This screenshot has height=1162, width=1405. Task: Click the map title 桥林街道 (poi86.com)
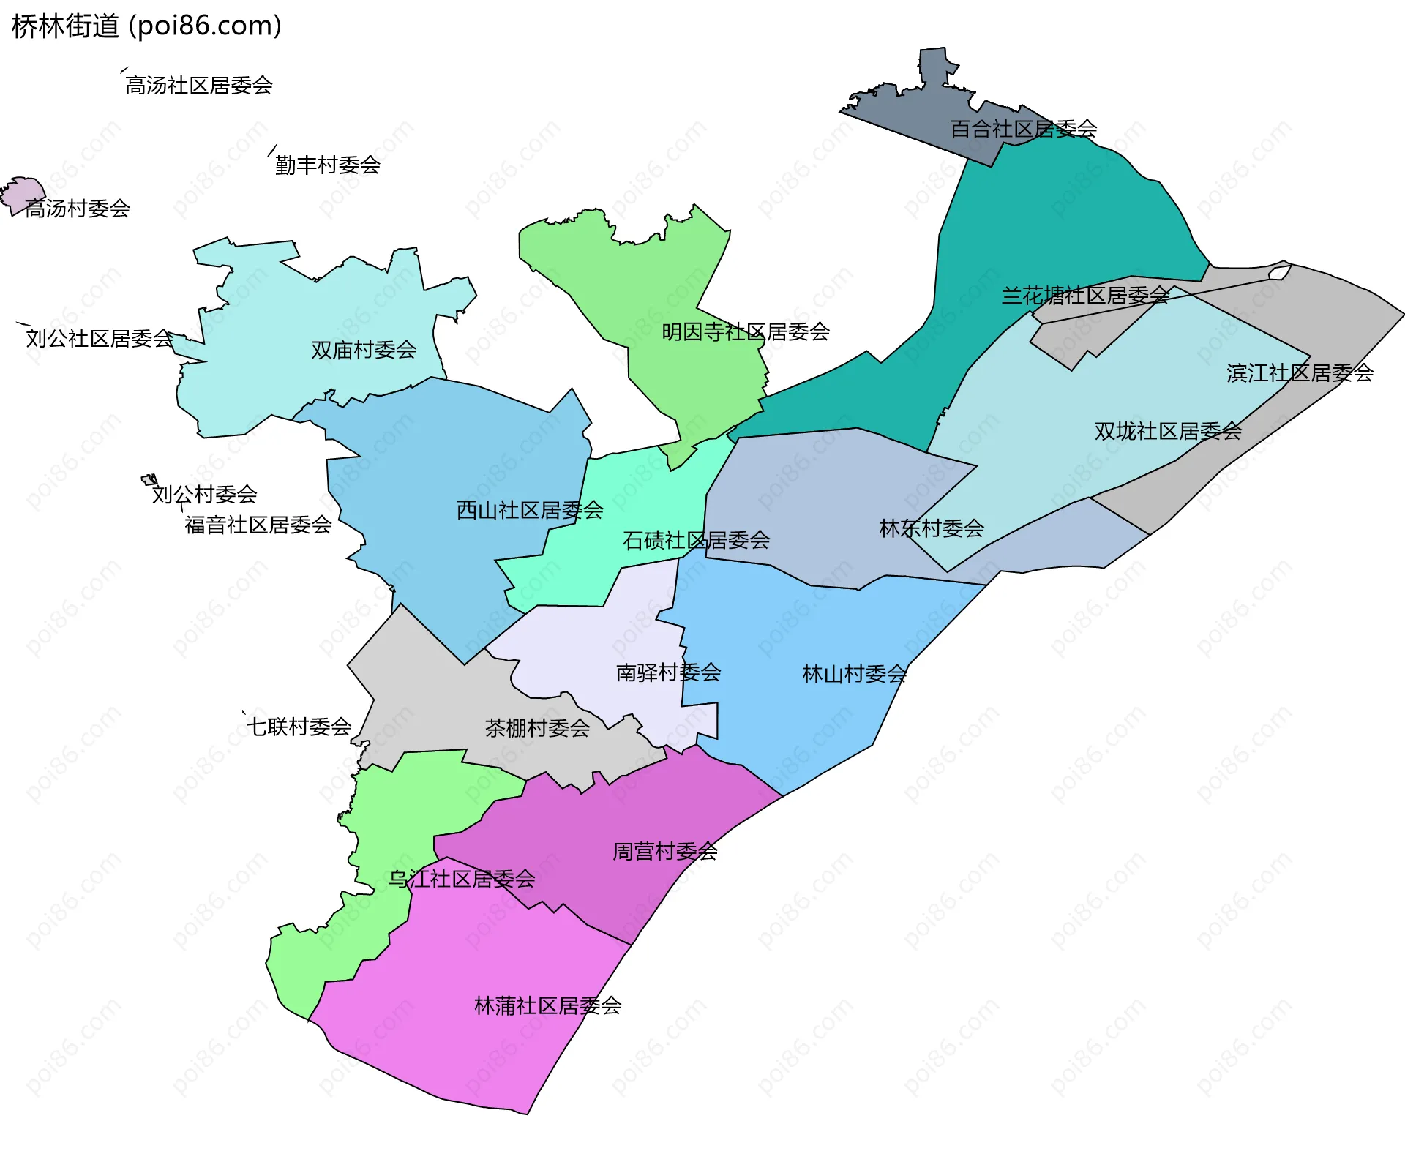tap(146, 26)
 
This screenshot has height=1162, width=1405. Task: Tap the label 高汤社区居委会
tap(199, 86)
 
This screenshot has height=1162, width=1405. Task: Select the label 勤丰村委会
tap(327, 165)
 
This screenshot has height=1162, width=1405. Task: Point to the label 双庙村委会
tap(364, 351)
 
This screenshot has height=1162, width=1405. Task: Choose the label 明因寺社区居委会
tap(745, 332)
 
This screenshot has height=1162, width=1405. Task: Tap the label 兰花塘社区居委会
tap(1084, 296)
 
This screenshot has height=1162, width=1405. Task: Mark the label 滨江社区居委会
tap(1300, 373)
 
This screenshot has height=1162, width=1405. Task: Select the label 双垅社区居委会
tap(1168, 431)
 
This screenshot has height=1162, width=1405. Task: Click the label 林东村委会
tap(931, 528)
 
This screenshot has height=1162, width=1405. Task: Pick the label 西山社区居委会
tap(530, 510)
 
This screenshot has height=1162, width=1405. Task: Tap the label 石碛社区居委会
tap(696, 541)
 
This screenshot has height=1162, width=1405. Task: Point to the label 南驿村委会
tap(668, 672)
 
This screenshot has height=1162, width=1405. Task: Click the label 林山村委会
tap(854, 674)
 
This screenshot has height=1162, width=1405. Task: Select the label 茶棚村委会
tap(537, 728)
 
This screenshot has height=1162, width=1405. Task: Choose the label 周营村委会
tap(664, 852)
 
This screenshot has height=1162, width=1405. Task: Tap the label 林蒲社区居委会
tap(547, 1006)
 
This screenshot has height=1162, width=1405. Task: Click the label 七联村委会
tap(299, 727)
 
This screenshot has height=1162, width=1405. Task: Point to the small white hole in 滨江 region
tap(1278, 273)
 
